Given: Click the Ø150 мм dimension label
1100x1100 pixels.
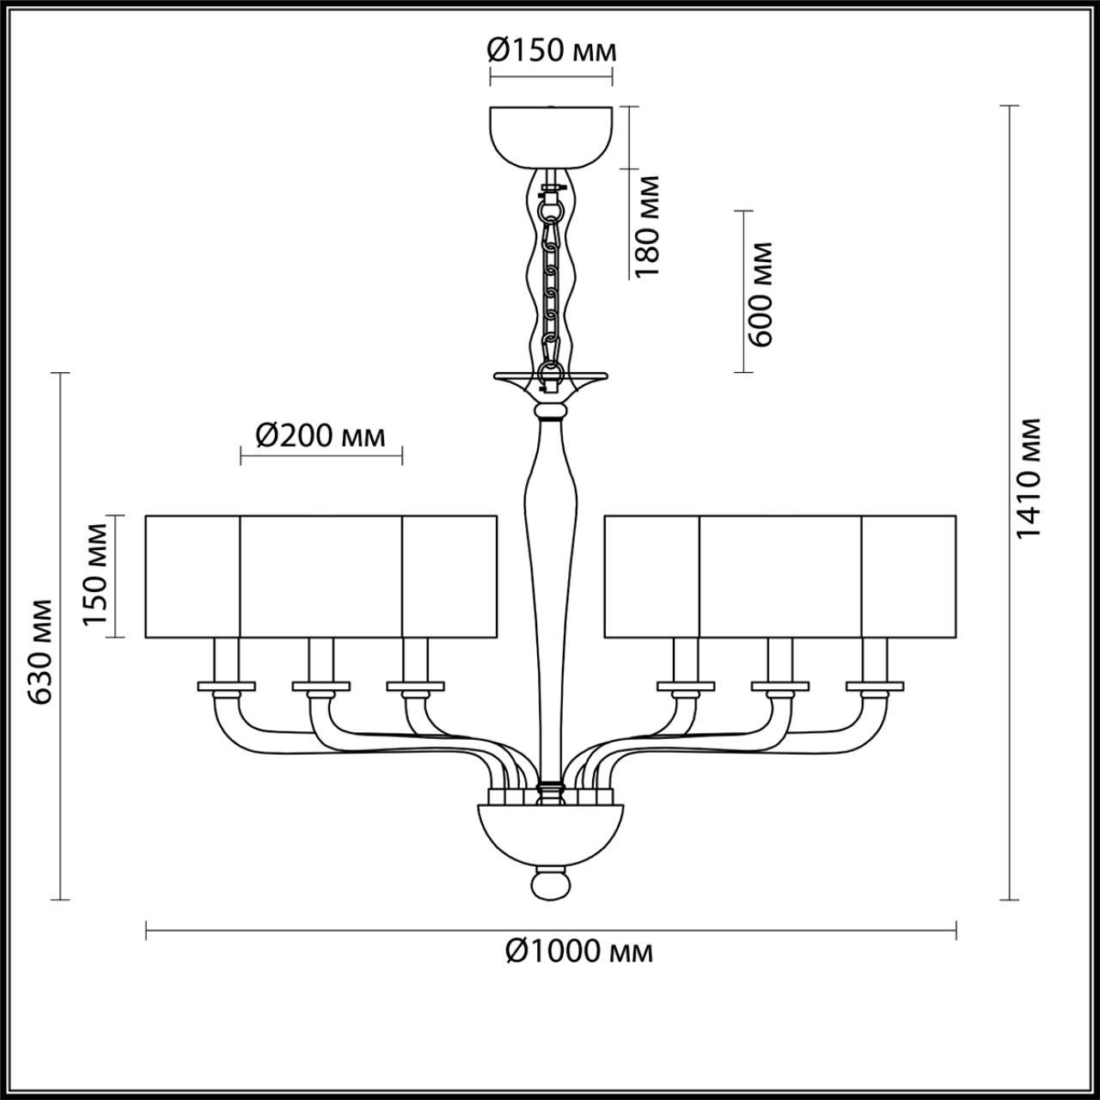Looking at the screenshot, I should tap(551, 51).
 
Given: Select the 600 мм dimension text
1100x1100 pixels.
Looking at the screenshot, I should tap(760, 293).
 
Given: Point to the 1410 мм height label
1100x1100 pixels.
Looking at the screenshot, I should tap(1028, 479).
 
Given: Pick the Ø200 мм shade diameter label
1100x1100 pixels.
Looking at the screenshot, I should tap(321, 437).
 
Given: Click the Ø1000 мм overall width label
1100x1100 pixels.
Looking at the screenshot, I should tap(579, 951).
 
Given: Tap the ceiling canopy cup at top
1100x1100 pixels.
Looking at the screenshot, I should tap(551, 135).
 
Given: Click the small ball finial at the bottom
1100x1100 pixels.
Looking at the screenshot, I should tap(551, 884).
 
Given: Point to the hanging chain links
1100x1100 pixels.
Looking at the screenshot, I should tap(551, 284).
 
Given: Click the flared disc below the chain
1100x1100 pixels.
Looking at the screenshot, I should tap(551, 378).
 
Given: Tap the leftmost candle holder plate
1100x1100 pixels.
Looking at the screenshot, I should tap(227, 687).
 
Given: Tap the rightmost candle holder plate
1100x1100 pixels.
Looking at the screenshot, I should tap(875, 687).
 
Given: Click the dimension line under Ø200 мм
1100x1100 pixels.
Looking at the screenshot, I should tap(321, 456).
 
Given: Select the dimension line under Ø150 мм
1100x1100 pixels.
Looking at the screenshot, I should tap(551, 76).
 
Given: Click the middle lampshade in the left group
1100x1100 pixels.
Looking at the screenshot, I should tap(321, 576).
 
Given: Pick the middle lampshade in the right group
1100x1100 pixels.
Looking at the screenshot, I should tap(780, 576).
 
